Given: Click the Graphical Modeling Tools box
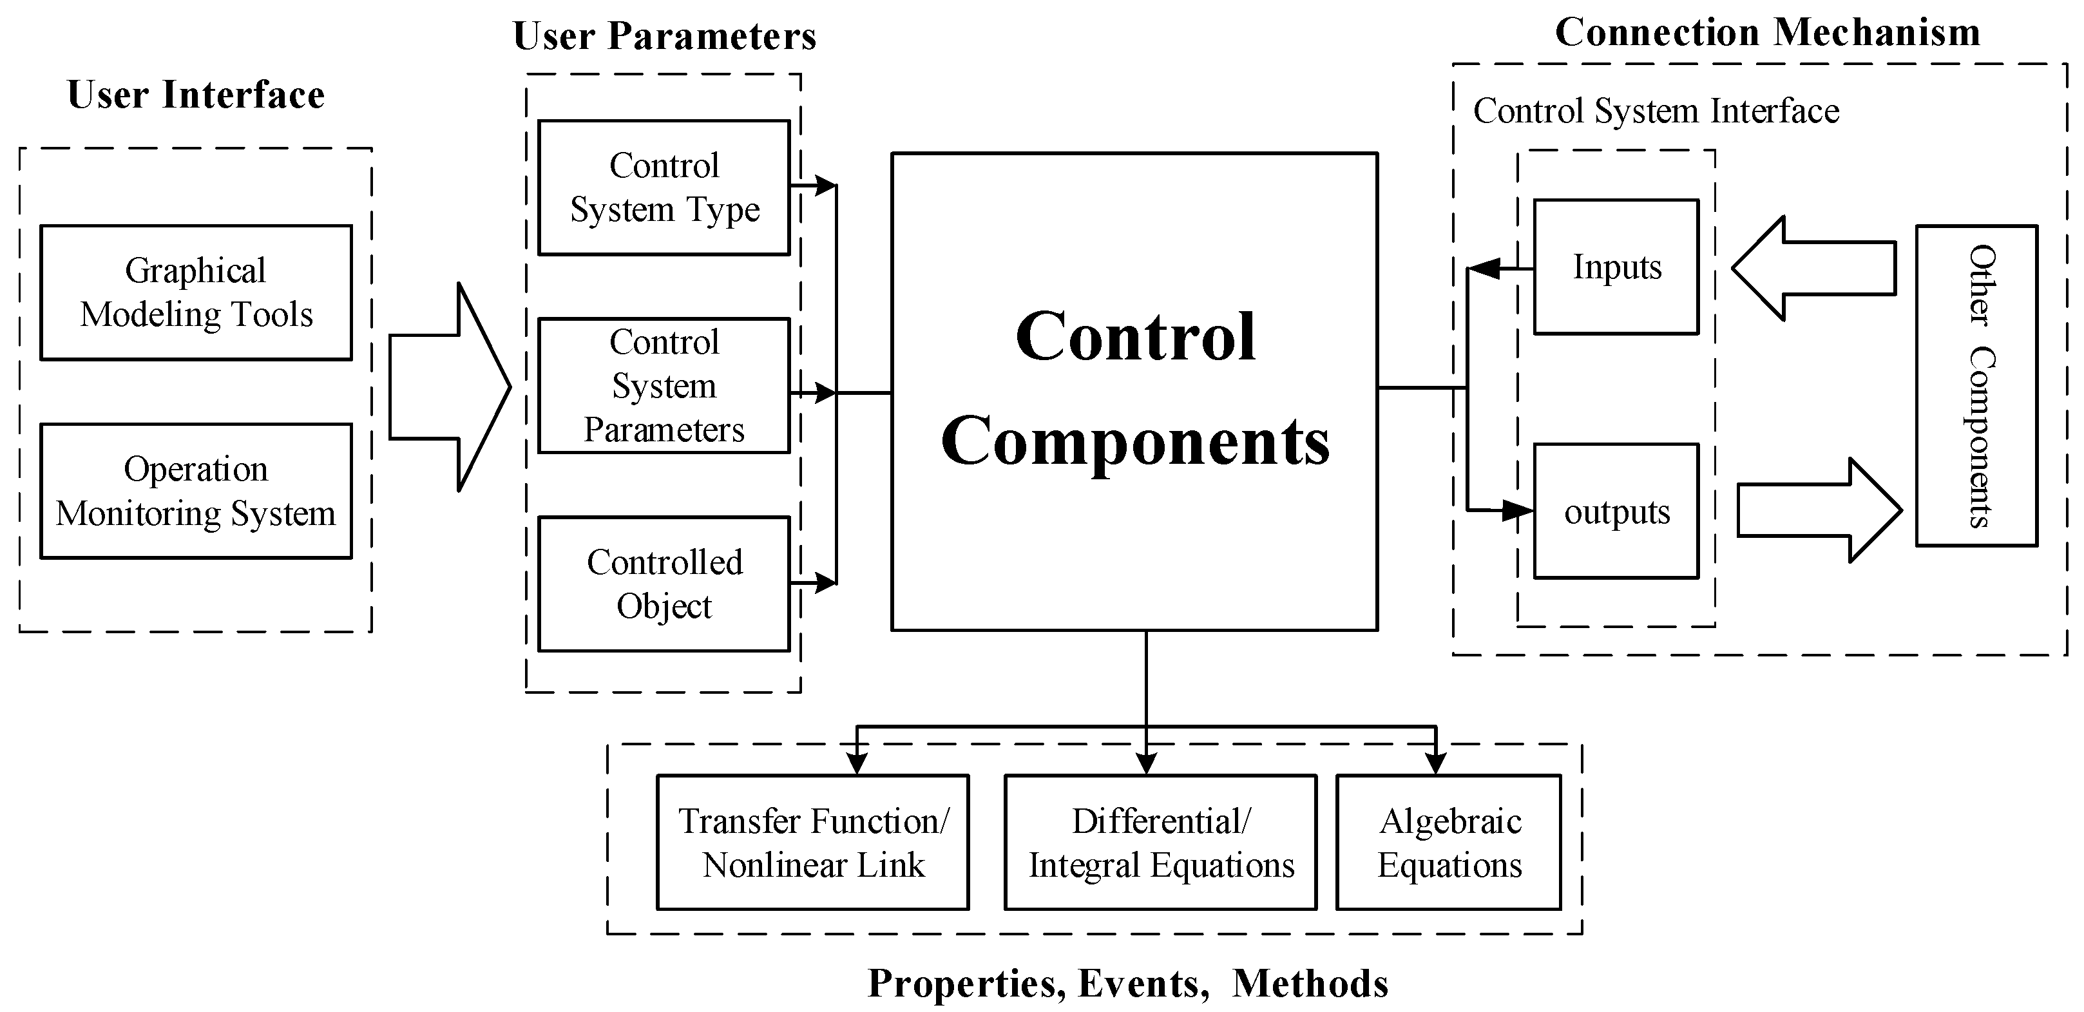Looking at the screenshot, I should click(x=196, y=292).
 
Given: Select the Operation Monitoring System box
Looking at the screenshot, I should click(x=196, y=490).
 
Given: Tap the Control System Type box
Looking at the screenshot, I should click(x=664, y=187).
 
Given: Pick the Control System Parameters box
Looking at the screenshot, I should click(x=664, y=386).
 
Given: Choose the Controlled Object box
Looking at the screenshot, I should click(x=664, y=583).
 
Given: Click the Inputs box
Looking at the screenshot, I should click(x=1616, y=267).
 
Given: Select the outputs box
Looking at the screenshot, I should click(x=1616, y=511).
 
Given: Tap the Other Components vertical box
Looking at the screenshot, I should click(x=1976, y=386).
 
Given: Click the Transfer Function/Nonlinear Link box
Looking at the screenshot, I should click(x=812, y=842).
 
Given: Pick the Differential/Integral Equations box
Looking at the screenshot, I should click(x=1160, y=842).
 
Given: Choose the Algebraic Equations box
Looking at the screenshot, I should click(x=1448, y=842).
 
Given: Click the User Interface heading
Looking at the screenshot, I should click(x=196, y=95).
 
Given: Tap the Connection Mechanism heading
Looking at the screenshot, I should click(x=1767, y=33).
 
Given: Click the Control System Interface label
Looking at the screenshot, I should click(x=1655, y=111).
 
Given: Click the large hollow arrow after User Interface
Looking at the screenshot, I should click(x=449, y=387).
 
